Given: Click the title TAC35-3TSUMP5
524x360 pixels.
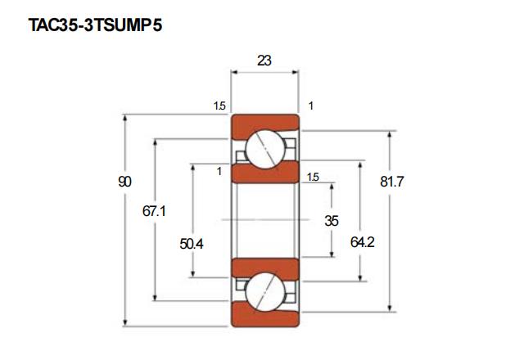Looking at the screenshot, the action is coord(95,25).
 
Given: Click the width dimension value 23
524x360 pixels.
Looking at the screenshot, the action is coord(264,61).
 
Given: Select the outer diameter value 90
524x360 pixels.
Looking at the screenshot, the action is coord(124,182).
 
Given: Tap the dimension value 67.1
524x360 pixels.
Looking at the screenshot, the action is coord(154,211).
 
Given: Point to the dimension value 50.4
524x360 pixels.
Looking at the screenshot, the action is coord(192,244).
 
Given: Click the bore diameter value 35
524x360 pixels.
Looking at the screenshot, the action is coord(332,221).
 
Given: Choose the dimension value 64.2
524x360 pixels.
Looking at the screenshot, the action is coord(363,242).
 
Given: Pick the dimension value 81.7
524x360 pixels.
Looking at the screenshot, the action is coord(392,182).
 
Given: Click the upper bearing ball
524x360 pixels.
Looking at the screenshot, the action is coord(265,149).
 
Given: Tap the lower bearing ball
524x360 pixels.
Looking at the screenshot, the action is coord(265,292).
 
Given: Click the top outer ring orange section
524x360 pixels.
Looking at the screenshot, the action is coord(265,126).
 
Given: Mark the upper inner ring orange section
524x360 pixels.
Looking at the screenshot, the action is coord(265,173).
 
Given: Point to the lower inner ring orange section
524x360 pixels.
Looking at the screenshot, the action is coord(265,269).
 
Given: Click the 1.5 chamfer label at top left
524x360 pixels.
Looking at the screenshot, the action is coord(219,106).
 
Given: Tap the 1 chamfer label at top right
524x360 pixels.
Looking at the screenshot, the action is coord(311,106).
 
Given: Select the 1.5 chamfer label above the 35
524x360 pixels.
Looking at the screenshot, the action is coord(313,177).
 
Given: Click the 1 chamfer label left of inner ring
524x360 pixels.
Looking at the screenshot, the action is coord(219,171).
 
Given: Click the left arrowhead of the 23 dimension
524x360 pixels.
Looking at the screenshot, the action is coord(234,72).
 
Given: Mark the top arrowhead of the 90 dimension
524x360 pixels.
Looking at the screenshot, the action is coord(125,118).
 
